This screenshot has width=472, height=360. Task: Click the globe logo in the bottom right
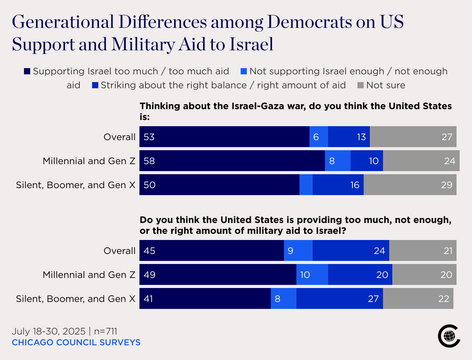(449, 336)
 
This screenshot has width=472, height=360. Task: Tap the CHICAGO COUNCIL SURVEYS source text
(76, 343)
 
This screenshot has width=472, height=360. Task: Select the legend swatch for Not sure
(361, 85)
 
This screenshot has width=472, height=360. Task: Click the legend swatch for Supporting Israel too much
(27, 71)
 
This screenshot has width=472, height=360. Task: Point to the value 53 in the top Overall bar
(149, 137)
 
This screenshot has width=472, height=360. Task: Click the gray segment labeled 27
(413, 137)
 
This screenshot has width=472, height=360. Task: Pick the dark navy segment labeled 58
(232, 161)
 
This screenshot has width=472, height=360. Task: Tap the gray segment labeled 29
(410, 185)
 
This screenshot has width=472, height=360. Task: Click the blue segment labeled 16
(338, 185)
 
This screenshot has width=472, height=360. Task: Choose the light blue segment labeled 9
(298, 250)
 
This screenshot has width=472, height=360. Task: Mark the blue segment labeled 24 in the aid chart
(351, 250)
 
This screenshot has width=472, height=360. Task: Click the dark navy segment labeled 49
(218, 274)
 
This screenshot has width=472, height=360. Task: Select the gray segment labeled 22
(418, 298)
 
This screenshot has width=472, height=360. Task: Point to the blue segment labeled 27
(340, 298)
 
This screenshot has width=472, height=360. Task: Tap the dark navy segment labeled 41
(205, 298)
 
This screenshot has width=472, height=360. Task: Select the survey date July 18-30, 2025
(48, 331)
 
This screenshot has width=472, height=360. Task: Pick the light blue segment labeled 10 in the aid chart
(312, 274)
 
